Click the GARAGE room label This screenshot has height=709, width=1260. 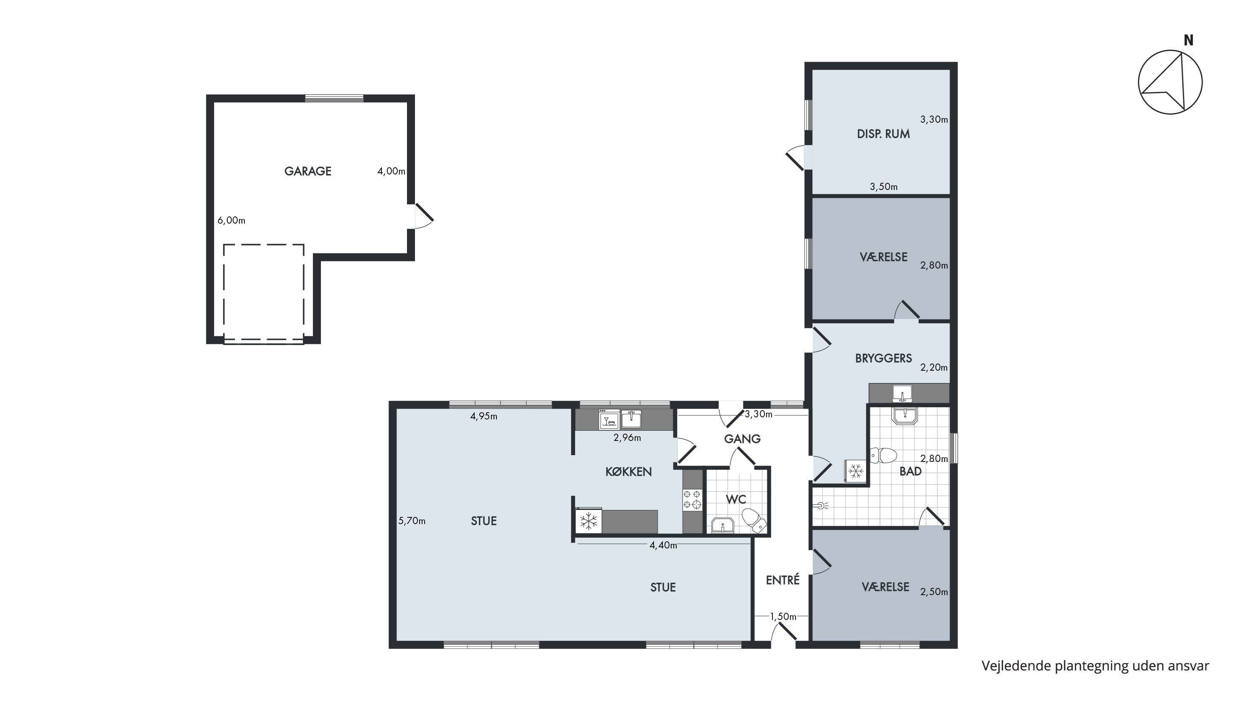coord(308,171)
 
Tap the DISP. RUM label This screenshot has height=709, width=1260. coord(883,134)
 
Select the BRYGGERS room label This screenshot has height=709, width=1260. coord(883,358)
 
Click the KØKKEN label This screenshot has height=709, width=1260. coord(629,472)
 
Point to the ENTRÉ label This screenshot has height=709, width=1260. coord(782,580)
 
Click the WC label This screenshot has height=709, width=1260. coord(736,499)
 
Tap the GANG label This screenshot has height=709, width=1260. coord(742,439)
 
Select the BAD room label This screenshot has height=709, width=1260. coord(910,471)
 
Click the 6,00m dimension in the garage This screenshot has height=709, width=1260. coord(231,221)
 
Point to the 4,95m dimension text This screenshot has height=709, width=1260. coord(484,416)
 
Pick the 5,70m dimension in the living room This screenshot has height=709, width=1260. coord(412,521)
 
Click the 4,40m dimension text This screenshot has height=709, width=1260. coord(663,546)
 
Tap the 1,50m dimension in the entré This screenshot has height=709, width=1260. coord(783,617)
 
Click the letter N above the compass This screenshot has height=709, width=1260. coord(1189,41)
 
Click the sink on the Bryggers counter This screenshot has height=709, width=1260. coord(902,393)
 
